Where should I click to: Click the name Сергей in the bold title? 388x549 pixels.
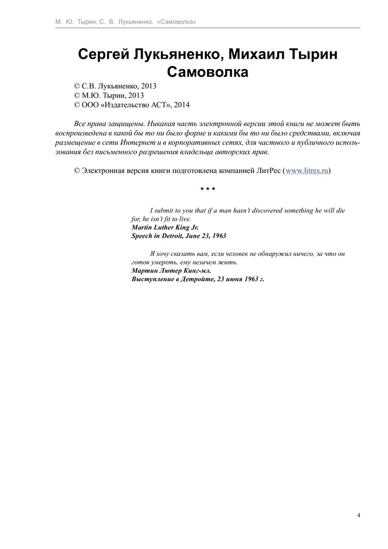pos(105,55)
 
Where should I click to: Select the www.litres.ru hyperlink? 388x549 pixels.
pos(306,171)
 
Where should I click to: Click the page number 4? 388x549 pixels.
pos(358,515)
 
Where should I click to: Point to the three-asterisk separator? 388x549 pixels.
pos(207,190)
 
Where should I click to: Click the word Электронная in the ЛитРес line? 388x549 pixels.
pos(103,171)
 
